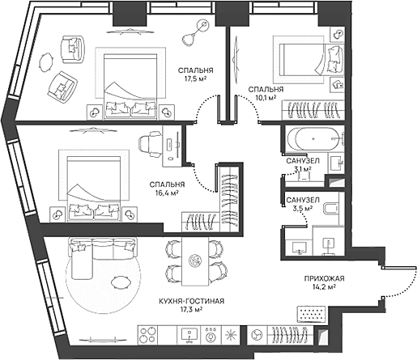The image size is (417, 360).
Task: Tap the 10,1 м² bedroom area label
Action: tap(266, 98)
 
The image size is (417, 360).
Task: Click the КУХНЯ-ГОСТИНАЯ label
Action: tap(193, 300)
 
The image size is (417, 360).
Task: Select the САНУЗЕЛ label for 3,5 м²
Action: tap(302, 200)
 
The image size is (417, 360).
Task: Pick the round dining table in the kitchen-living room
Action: tap(194, 259)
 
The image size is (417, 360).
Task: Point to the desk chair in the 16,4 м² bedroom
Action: tap(149, 144)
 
